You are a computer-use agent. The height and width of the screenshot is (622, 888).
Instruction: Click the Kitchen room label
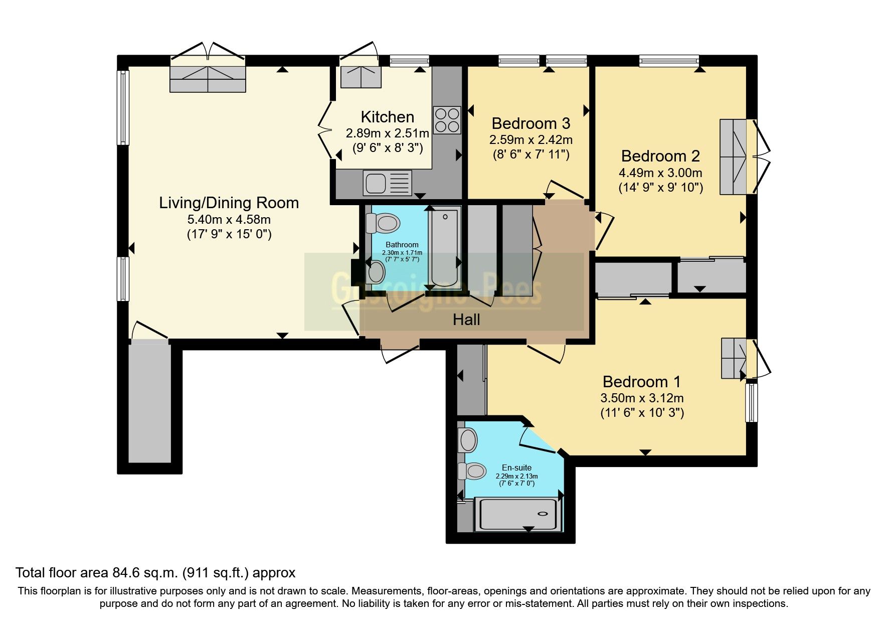387,117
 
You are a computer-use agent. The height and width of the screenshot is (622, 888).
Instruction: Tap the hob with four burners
447,120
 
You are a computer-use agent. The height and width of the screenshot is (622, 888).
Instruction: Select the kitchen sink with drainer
387,183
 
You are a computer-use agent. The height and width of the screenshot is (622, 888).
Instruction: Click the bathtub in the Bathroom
444,247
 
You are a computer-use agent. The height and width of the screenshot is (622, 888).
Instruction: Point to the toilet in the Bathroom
383,223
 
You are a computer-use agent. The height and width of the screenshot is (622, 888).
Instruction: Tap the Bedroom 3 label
530,123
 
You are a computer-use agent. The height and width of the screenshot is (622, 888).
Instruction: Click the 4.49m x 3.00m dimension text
660,173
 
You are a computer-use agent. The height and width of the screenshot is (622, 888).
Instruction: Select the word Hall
466,320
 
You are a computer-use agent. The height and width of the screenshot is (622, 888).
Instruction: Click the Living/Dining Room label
229,203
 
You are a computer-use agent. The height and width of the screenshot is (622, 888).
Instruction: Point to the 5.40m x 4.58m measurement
229,219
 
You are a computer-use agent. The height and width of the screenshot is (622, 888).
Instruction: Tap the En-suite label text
516,468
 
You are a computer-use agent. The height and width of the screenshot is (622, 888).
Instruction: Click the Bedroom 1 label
641,382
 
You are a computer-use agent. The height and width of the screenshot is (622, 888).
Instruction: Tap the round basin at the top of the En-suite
468,440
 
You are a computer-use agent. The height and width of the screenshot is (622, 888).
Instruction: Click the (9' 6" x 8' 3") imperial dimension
387,148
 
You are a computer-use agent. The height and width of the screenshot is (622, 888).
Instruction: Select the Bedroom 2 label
660,156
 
